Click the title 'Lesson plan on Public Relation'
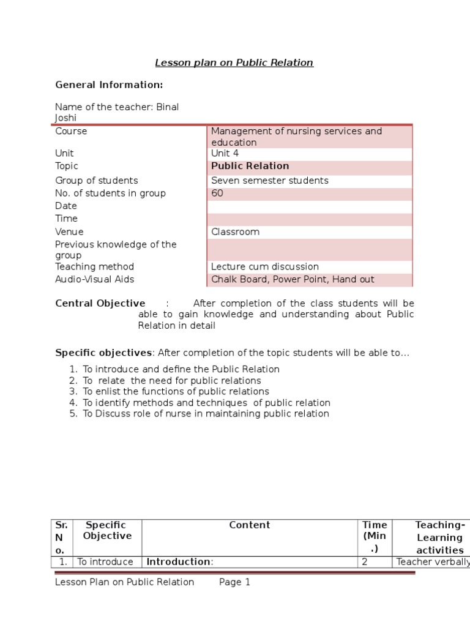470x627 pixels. point(234,62)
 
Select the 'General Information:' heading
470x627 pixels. point(109,84)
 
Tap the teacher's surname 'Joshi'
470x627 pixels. point(66,118)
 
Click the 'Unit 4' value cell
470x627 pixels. point(225,153)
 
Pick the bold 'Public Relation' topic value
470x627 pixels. point(250,166)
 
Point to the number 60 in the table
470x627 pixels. point(217,193)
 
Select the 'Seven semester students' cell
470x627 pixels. point(269,181)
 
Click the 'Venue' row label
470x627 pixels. point(69,232)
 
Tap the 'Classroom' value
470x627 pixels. point(235,232)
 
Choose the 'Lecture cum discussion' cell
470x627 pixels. point(264,267)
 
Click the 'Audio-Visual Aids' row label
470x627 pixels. point(94,279)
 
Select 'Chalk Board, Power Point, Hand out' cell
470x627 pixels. point(293,279)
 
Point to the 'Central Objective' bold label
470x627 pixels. point(100,303)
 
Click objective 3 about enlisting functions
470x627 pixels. point(176,391)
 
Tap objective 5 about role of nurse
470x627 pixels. point(206,413)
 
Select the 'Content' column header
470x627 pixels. point(249,525)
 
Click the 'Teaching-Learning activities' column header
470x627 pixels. point(439,538)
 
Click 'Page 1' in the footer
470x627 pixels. point(235,582)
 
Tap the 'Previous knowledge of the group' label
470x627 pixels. point(116,250)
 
